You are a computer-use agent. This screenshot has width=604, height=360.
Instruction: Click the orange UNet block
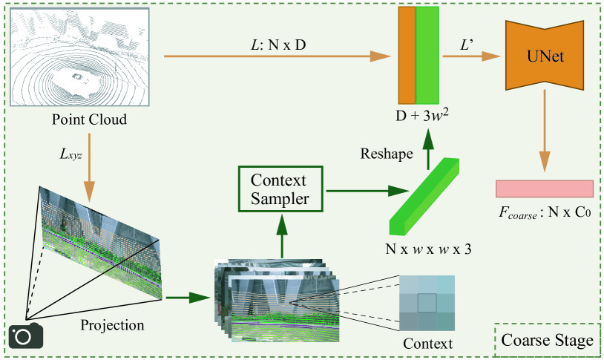pos(545,56)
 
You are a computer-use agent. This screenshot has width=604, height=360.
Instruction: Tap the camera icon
pos(25,336)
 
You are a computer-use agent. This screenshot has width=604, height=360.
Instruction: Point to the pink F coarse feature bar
pos(545,189)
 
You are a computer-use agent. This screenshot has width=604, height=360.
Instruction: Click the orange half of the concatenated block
pos(407,56)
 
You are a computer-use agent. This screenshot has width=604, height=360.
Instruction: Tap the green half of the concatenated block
pos(427,56)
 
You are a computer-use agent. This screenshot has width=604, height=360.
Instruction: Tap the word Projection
pos(113,324)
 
